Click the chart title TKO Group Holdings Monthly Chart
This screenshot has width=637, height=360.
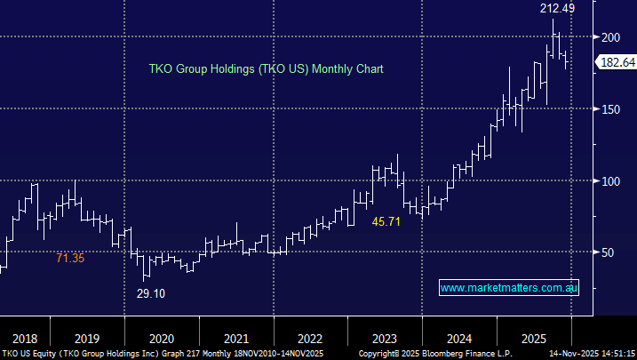click(265, 68)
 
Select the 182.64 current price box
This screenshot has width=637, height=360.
click(616, 62)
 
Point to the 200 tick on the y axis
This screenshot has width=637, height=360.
click(610, 36)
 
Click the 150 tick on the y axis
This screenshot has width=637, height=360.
click(610, 108)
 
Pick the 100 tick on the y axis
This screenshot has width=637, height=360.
click(610, 180)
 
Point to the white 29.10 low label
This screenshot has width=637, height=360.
click(150, 292)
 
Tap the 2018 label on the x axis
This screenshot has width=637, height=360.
click(25, 338)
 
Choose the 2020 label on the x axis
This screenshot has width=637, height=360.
click(161, 338)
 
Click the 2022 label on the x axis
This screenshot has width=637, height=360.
click(309, 338)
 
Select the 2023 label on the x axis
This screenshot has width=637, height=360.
click(384, 338)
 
